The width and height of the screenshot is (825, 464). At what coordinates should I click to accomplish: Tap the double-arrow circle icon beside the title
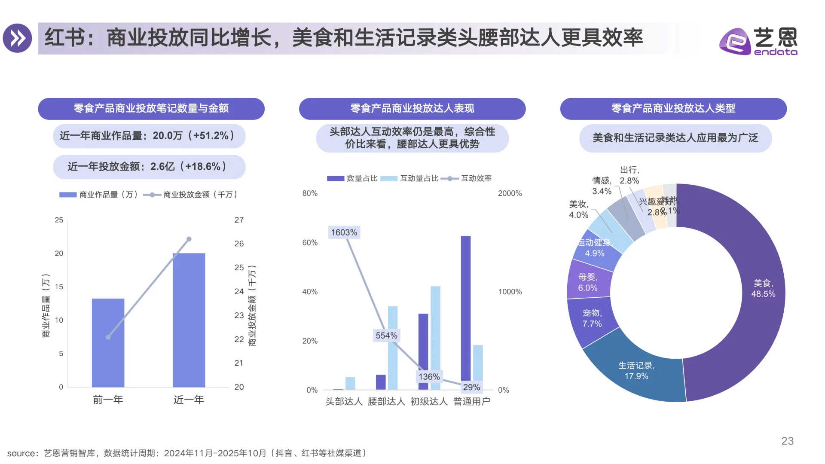pos(17,38)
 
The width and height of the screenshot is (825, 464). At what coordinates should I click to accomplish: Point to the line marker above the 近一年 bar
pos(189,239)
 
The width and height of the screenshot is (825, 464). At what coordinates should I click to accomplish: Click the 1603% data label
pos(344,232)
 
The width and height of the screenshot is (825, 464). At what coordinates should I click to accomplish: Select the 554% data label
pos(386,336)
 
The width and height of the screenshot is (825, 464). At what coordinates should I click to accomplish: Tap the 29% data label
pos(471,387)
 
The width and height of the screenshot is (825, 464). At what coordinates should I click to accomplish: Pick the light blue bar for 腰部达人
pos(393,348)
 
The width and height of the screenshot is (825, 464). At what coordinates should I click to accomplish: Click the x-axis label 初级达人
pos(429,401)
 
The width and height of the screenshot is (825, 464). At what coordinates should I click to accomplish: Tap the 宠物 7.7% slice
pos(592,318)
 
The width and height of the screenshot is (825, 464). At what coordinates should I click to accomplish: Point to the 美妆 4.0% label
pos(578,209)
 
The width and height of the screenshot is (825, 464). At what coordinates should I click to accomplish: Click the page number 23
pos(787,441)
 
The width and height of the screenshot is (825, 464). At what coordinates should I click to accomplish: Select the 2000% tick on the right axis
pos(510,193)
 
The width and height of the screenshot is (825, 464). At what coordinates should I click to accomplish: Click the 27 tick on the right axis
pos(239,220)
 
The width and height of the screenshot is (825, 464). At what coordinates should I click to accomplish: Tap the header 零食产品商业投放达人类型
pos(673,108)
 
